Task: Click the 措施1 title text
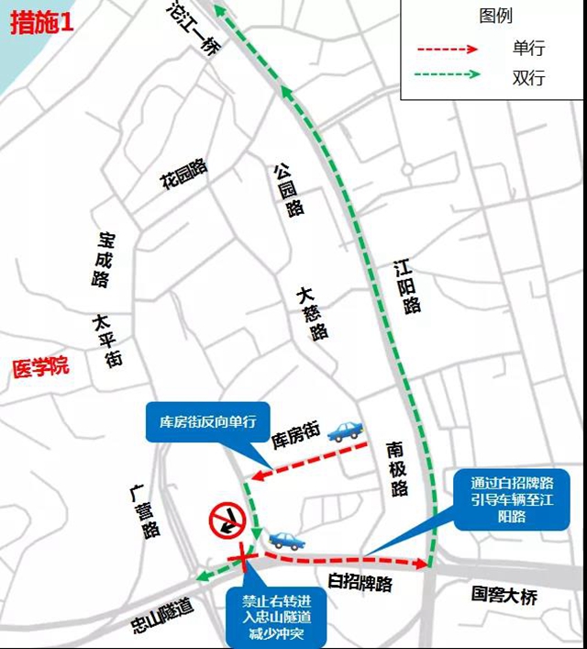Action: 40,25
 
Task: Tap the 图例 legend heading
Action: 496,17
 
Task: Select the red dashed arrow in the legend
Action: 448,50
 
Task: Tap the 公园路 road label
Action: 288,188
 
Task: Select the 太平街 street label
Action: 106,341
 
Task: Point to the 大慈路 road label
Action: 312,312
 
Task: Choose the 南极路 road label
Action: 396,468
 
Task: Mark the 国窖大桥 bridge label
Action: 504,595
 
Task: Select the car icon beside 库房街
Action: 345,431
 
